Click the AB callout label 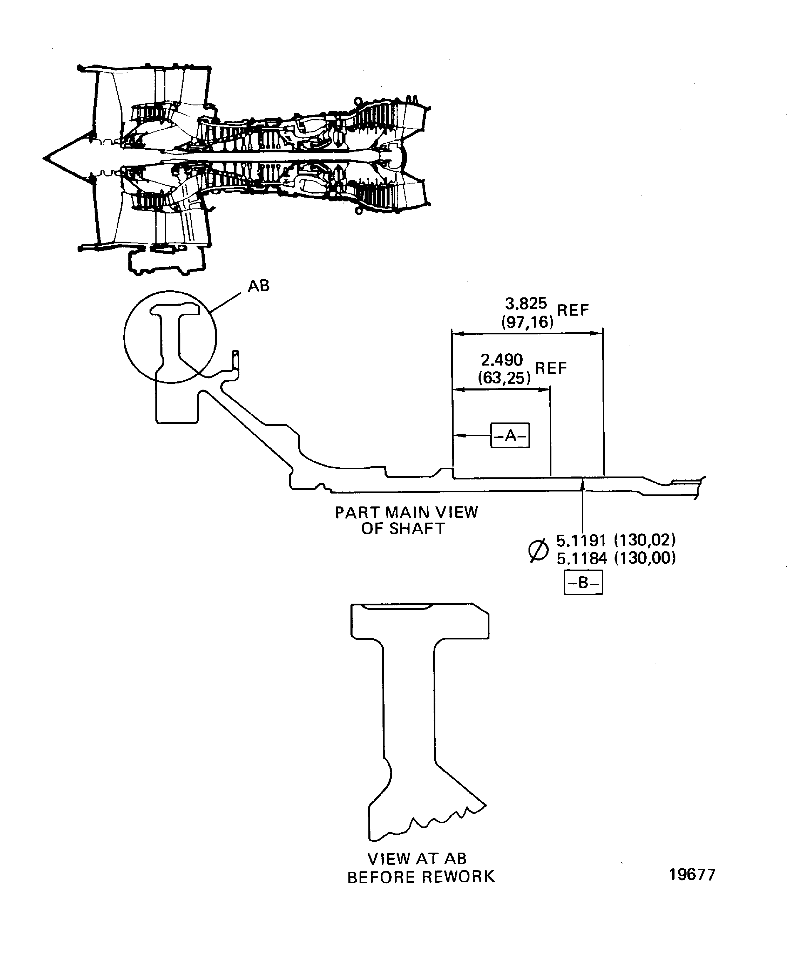pyautogui.click(x=258, y=286)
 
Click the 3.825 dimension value pyautogui.click(x=526, y=303)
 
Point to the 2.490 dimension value pyautogui.click(x=502, y=360)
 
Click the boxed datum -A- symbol pyautogui.click(x=510, y=436)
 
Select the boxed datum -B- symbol pyautogui.click(x=583, y=582)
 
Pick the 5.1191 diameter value pyautogui.click(x=581, y=541)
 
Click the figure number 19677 pyautogui.click(x=692, y=875)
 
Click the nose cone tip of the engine pyautogui.click(x=44, y=158)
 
